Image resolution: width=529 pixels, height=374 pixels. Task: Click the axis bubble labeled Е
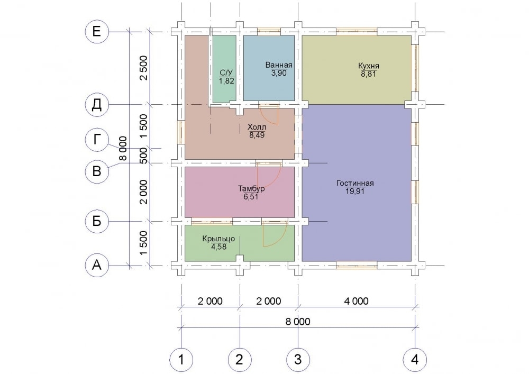97,32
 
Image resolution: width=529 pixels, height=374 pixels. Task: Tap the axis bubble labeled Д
97,105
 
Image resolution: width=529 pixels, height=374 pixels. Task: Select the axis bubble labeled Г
97,140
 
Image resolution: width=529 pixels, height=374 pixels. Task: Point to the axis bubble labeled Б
97,222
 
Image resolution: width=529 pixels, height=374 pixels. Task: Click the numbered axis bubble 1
181,360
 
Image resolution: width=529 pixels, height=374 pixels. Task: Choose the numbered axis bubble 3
298,360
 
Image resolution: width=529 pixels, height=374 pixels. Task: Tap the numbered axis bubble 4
415,360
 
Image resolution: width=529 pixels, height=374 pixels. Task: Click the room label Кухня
368,66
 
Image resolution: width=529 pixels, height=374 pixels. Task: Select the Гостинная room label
355,183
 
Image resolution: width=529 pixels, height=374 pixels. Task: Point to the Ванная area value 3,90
279,73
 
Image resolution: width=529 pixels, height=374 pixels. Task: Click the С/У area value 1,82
226,81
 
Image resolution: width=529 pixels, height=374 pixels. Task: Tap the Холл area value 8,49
257,135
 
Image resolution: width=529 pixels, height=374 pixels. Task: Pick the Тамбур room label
251,188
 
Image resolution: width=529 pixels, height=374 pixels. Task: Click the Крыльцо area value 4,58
218,247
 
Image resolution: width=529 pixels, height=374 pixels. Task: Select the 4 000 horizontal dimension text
356,301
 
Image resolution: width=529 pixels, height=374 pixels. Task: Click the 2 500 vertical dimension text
144,68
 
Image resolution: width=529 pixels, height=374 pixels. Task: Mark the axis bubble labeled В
97,171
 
